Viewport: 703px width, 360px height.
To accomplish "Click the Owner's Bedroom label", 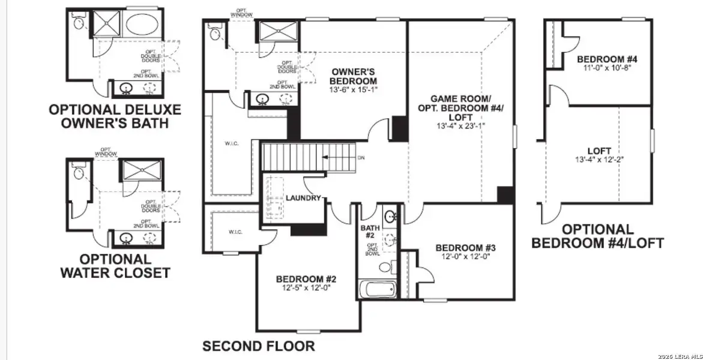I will [x=354, y=76].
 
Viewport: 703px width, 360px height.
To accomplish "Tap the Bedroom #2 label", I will [x=306, y=279].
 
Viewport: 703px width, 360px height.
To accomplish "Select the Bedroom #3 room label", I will [x=465, y=248].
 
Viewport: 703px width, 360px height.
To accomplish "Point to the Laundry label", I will [x=303, y=198].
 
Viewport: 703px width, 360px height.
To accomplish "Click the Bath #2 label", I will [x=369, y=232].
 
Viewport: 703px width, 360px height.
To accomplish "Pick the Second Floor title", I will [x=258, y=346].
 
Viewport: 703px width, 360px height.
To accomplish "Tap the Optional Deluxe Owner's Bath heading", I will [x=115, y=117].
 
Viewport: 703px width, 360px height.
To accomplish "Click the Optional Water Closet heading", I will [x=115, y=266].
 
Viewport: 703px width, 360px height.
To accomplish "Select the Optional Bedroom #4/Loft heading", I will [x=598, y=236].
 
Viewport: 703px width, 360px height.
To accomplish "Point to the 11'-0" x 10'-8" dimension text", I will [x=606, y=68].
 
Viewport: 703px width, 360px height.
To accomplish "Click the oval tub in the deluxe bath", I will [x=142, y=25].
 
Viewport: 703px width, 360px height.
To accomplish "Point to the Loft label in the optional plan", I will [x=599, y=151].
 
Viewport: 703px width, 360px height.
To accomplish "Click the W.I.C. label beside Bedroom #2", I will [x=235, y=231].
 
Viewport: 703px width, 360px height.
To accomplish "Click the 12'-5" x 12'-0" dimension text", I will [x=306, y=287].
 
